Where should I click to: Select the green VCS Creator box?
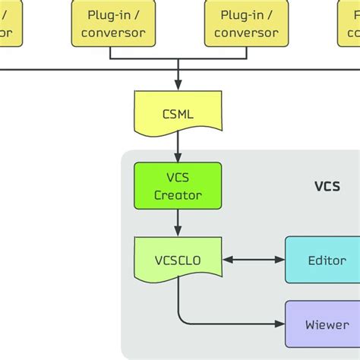coord(178,186)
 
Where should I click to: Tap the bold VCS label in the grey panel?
coord(327,186)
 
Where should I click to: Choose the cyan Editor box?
coord(327,260)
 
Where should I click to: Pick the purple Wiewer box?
coord(327,324)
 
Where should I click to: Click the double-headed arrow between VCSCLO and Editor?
coord(254,260)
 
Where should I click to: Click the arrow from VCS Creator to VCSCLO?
coord(178,222)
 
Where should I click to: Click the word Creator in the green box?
coord(178,195)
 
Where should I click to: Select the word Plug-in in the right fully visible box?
coord(245,15)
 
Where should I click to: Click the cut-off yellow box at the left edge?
coord(8,23)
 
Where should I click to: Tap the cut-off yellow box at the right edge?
coord(349,23)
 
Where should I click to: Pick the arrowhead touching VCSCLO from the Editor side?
coord(228,260)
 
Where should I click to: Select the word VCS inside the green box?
coord(178,178)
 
